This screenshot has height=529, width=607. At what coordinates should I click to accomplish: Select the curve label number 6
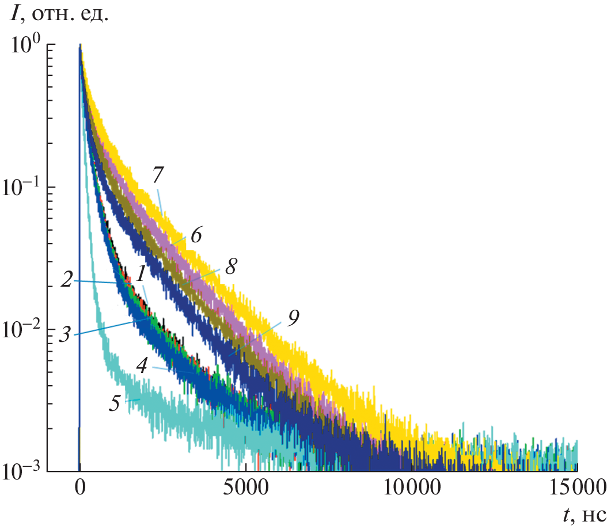click(x=196, y=236)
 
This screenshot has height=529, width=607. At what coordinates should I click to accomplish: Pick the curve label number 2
click(x=66, y=281)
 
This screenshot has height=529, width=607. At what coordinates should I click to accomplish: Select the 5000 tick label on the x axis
click(x=246, y=490)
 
